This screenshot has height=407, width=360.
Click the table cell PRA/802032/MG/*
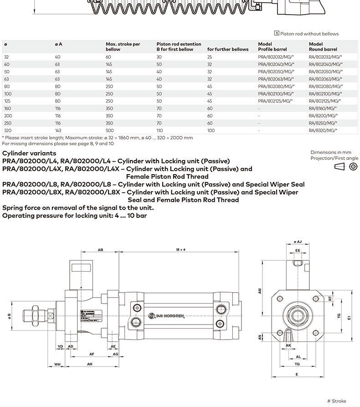pos(276,57)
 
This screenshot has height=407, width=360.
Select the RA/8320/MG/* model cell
pos(323,130)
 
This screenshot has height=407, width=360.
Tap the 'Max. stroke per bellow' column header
pos(123,46)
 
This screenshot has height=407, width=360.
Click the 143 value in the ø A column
pos(58,130)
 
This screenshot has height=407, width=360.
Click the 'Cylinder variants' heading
pos(29,153)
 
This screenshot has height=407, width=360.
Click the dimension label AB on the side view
pos(101,250)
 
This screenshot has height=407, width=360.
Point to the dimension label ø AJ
pos(298,242)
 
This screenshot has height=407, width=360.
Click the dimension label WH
pos(57,364)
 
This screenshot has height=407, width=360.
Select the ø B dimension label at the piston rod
pos(9,315)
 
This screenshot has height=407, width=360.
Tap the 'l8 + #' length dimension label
pos(181,250)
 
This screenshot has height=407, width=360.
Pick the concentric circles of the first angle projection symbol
pos(353,167)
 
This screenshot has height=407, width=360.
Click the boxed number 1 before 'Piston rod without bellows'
pos(277,33)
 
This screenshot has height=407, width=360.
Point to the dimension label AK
pos(288,346)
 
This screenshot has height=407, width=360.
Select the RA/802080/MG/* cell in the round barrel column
pos(325,87)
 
